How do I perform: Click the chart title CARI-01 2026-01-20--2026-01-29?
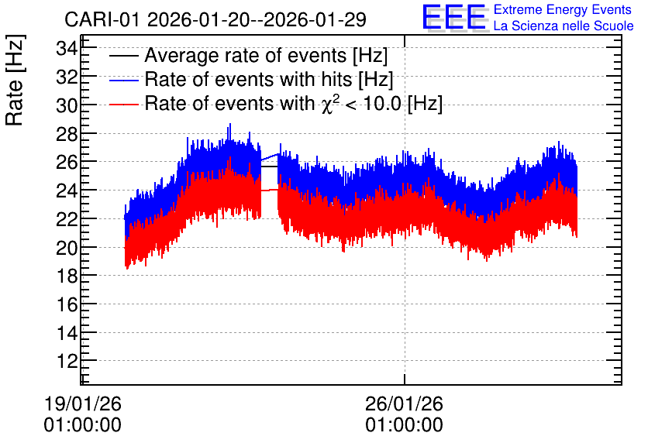(x=215, y=19)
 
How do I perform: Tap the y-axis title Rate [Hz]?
(x=15, y=80)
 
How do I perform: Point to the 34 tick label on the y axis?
(x=67, y=49)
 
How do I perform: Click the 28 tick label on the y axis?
(x=67, y=134)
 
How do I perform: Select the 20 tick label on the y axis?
(x=67, y=248)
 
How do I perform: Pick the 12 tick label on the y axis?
(x=67, y=361)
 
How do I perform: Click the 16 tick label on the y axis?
(x=67, y=304)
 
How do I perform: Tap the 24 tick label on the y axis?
(x=67, y=191)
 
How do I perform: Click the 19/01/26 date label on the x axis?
(x=83, y=404)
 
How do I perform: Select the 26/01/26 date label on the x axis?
(x=404, y=404)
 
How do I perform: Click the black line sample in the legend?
(x=123, y=56)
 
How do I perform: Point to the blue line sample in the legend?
(x=123, y=81)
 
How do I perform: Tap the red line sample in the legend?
(x=123, y=104)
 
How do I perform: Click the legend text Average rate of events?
(x=246, y=56)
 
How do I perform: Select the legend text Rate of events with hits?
(x=248, y=80)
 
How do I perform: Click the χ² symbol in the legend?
(x=330, y=104)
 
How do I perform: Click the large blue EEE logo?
(x=454, y=17)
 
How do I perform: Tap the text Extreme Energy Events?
(x=563, y=9)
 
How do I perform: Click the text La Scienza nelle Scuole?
(x=564, y=26)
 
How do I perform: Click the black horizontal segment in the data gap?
(x=269, y=167)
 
